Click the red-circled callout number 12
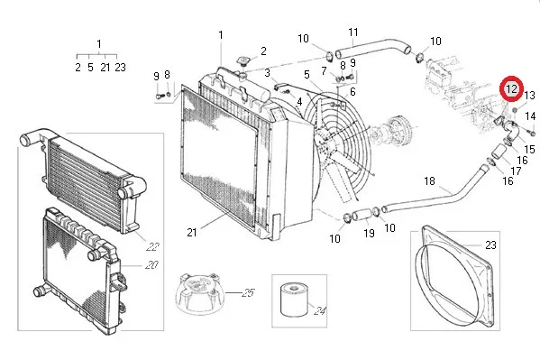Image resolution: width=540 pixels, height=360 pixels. point(512,89)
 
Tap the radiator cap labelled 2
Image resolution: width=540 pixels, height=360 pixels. point(243,61)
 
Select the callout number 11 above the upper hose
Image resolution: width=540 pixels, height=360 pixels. point(353,32)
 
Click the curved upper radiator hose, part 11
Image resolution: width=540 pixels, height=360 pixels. point(373,48)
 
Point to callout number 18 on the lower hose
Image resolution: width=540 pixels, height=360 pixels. point(429,180)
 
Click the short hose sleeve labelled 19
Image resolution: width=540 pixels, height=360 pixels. point(363,214)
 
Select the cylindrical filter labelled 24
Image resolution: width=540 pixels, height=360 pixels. point(294,300)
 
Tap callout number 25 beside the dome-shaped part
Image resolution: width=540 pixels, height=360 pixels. point(248,293)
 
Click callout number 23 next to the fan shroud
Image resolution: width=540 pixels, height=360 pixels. point(490,245)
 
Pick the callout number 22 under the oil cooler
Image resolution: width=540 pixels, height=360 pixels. point(152,246)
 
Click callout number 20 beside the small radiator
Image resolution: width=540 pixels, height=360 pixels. point(151,265)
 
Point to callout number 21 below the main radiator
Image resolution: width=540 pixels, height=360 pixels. point(192,233)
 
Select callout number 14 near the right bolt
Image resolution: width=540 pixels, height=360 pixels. point(530,116)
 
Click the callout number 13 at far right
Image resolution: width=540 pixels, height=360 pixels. point(529,95)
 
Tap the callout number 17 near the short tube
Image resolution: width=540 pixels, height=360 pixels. point(516,171)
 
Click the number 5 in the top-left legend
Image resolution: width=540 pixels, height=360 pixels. point(90,68)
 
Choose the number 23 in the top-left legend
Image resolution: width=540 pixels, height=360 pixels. point(120,68)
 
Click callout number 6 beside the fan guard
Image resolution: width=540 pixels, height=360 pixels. point(352,92)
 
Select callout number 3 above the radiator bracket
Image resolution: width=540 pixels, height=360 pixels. point(267,73)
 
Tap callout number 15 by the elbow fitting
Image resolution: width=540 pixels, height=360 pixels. point(529,149)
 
